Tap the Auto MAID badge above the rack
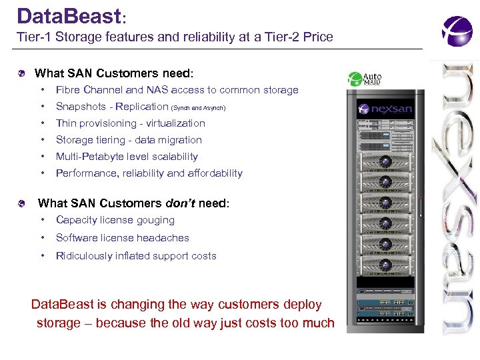(x=365, y=79)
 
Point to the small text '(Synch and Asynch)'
(x=199, y=107)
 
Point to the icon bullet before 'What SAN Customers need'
(x=23, y=73)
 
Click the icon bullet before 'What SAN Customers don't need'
(x=23, y=203)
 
